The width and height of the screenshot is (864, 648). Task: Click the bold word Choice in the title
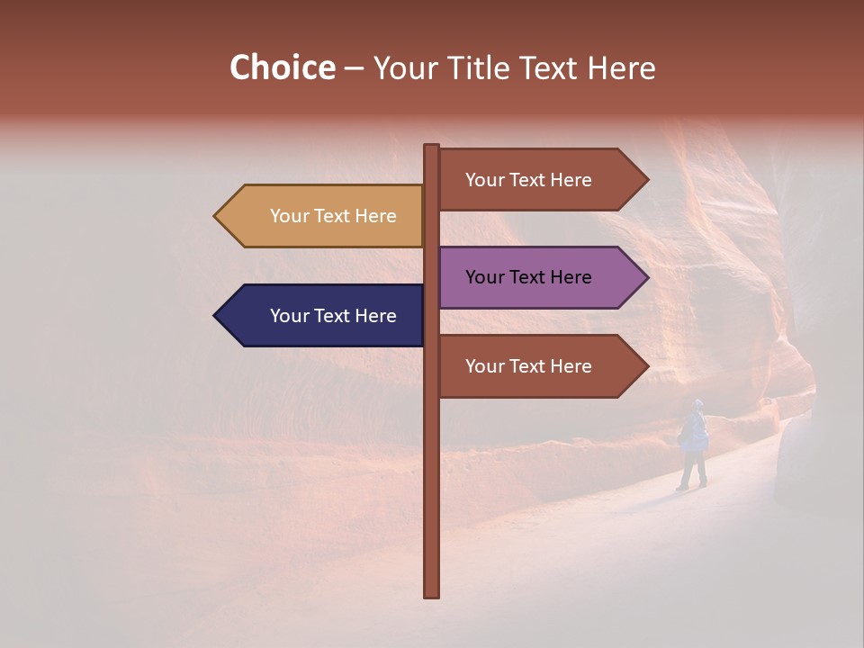[282, 67]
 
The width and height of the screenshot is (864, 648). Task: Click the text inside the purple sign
[528, 277]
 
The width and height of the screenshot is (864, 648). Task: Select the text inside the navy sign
[333, 316]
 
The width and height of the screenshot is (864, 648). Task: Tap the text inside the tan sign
[333, 216]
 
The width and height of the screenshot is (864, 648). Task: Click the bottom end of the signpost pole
[432, 594]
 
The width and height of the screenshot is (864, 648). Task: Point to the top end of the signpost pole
[432, 148]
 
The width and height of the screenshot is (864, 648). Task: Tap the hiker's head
[697, 404]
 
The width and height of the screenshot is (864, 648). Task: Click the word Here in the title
[622, 67]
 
